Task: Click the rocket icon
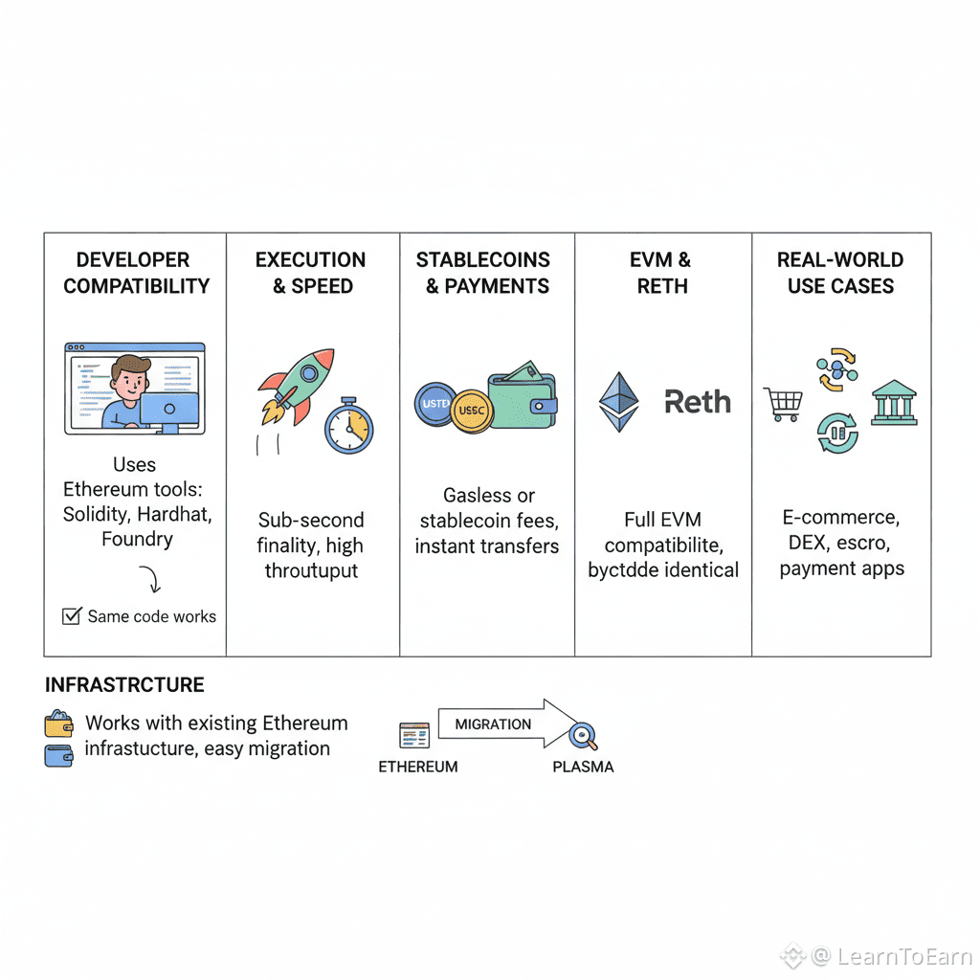pos(298,385)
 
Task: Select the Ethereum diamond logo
pos(618,402)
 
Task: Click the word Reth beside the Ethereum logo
pos(698,402)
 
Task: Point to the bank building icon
pos(894,403)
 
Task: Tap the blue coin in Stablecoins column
pos(435,404)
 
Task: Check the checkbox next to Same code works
pos(71,616)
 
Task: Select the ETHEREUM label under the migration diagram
pos(418,767)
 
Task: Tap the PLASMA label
pos(583,767)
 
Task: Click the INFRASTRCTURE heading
pos(124,685)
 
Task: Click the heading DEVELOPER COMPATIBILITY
pos(136,273)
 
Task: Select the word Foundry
pos(137,539)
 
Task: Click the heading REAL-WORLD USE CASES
pos(840,273)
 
